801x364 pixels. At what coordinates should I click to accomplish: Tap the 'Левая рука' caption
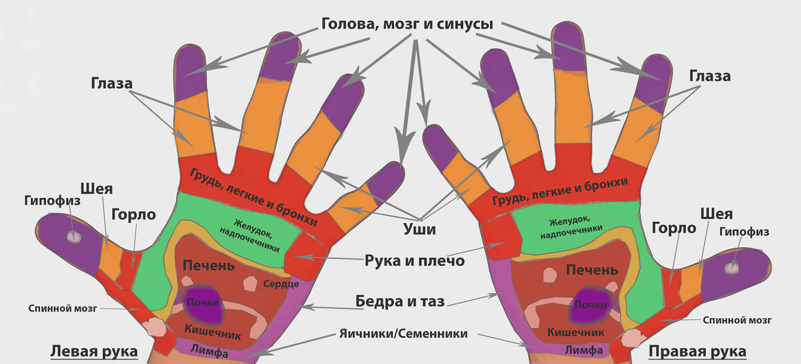pos(94,351)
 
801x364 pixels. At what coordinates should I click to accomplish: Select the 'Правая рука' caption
pos(698,351)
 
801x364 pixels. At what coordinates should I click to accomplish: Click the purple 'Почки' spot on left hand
pos(202,304)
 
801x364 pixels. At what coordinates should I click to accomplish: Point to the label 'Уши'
pos(422,230)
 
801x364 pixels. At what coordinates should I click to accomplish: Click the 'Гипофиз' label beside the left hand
pos(52,200)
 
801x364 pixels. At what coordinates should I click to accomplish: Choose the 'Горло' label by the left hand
pos(133,214)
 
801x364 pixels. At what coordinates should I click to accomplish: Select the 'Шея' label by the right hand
pos(716,214)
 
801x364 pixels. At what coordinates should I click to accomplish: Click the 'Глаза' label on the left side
pos(111,83)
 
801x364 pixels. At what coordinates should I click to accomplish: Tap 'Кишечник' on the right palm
pos(576,332)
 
